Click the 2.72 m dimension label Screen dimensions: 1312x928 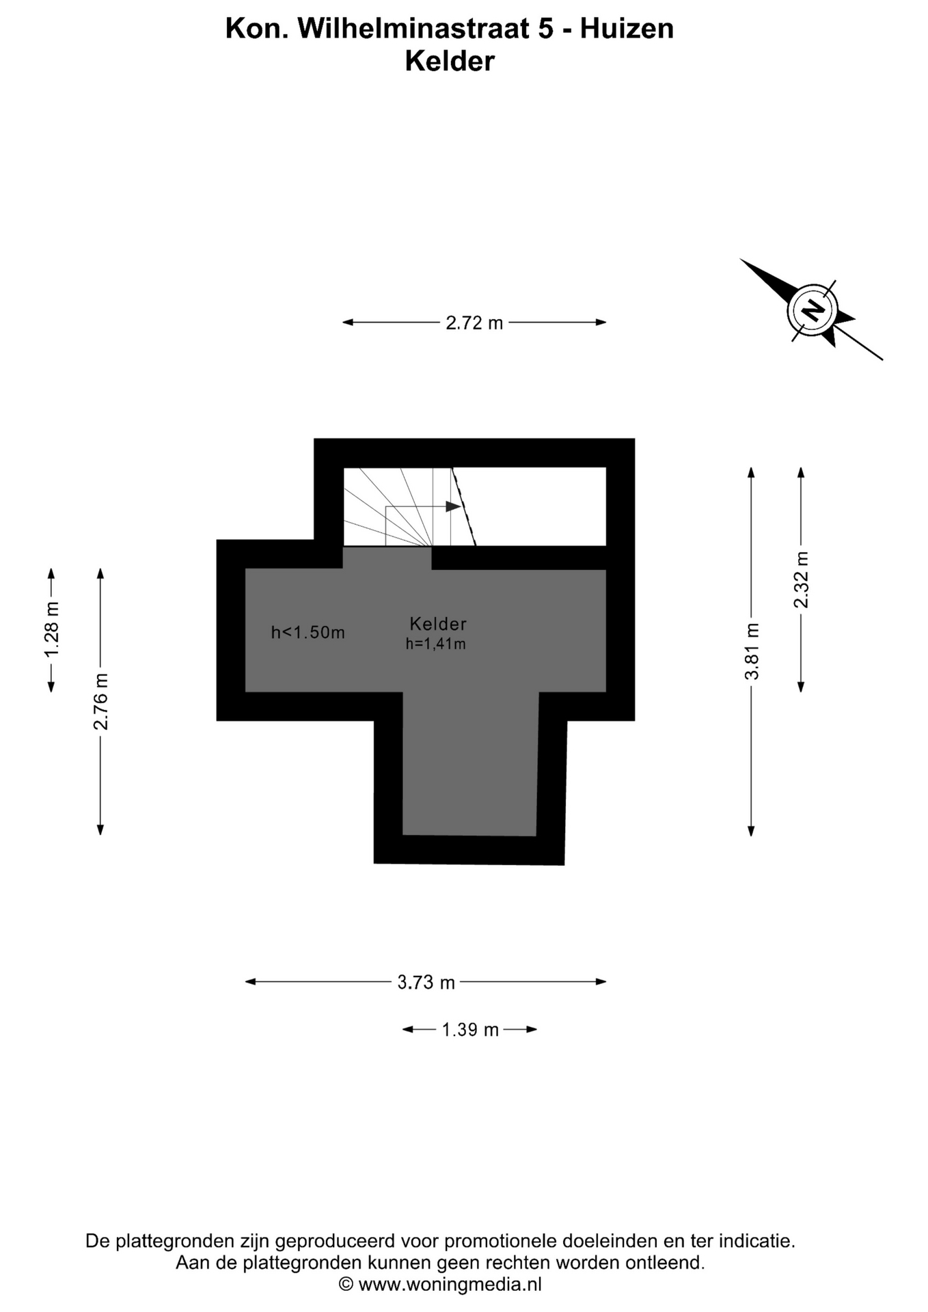(x=474, y=323)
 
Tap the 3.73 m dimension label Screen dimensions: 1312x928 (x=426, y=982)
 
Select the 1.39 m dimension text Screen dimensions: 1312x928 (x=470, y=1029)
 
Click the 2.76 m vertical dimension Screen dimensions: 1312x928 (x=101, y=701)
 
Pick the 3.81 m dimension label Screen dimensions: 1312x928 (x=752, y=651)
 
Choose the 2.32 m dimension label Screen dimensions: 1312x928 (x=801, y=579)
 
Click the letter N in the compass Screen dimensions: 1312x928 (x=813, y=310)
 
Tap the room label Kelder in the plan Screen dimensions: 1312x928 (x=438, y=623)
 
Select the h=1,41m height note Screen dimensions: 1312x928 (x=435, y=644)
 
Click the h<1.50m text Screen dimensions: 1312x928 (x=308, y=632)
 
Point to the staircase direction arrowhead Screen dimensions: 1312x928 (x=452, y=506)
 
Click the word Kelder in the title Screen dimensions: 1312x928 (x=450, y=61)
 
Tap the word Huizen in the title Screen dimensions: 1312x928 (x=627, y=29)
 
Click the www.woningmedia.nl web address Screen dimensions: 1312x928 (x=450, y=1284)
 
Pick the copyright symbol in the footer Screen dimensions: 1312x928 (x=346, y=1284)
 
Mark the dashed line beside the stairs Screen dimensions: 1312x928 (x=464, y=506)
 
